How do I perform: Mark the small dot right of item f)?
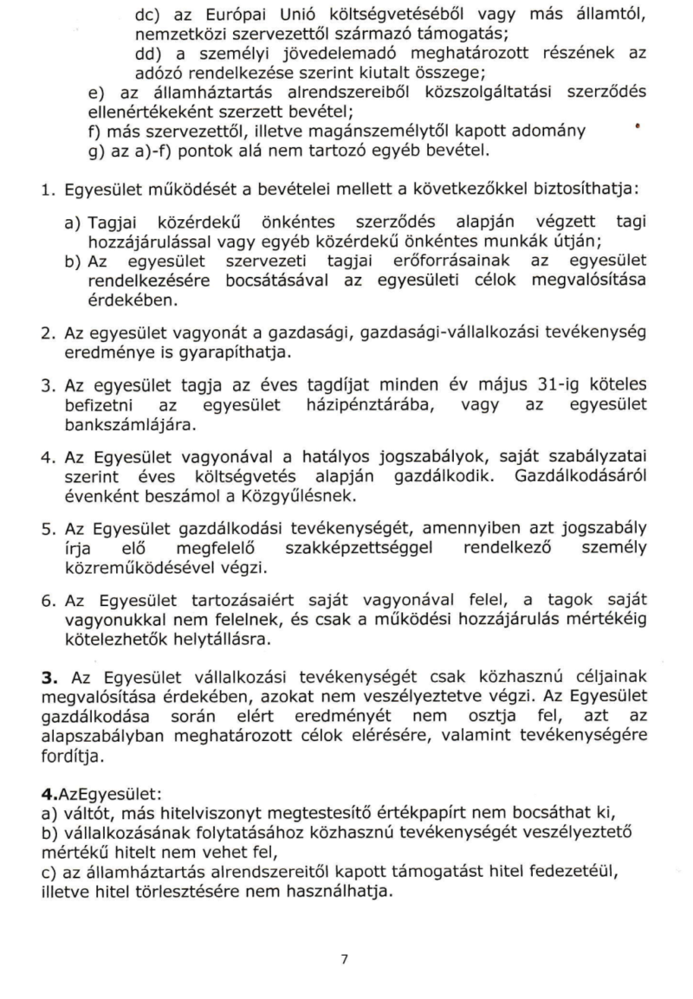[637, 126]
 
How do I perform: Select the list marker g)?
[97, 151]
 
